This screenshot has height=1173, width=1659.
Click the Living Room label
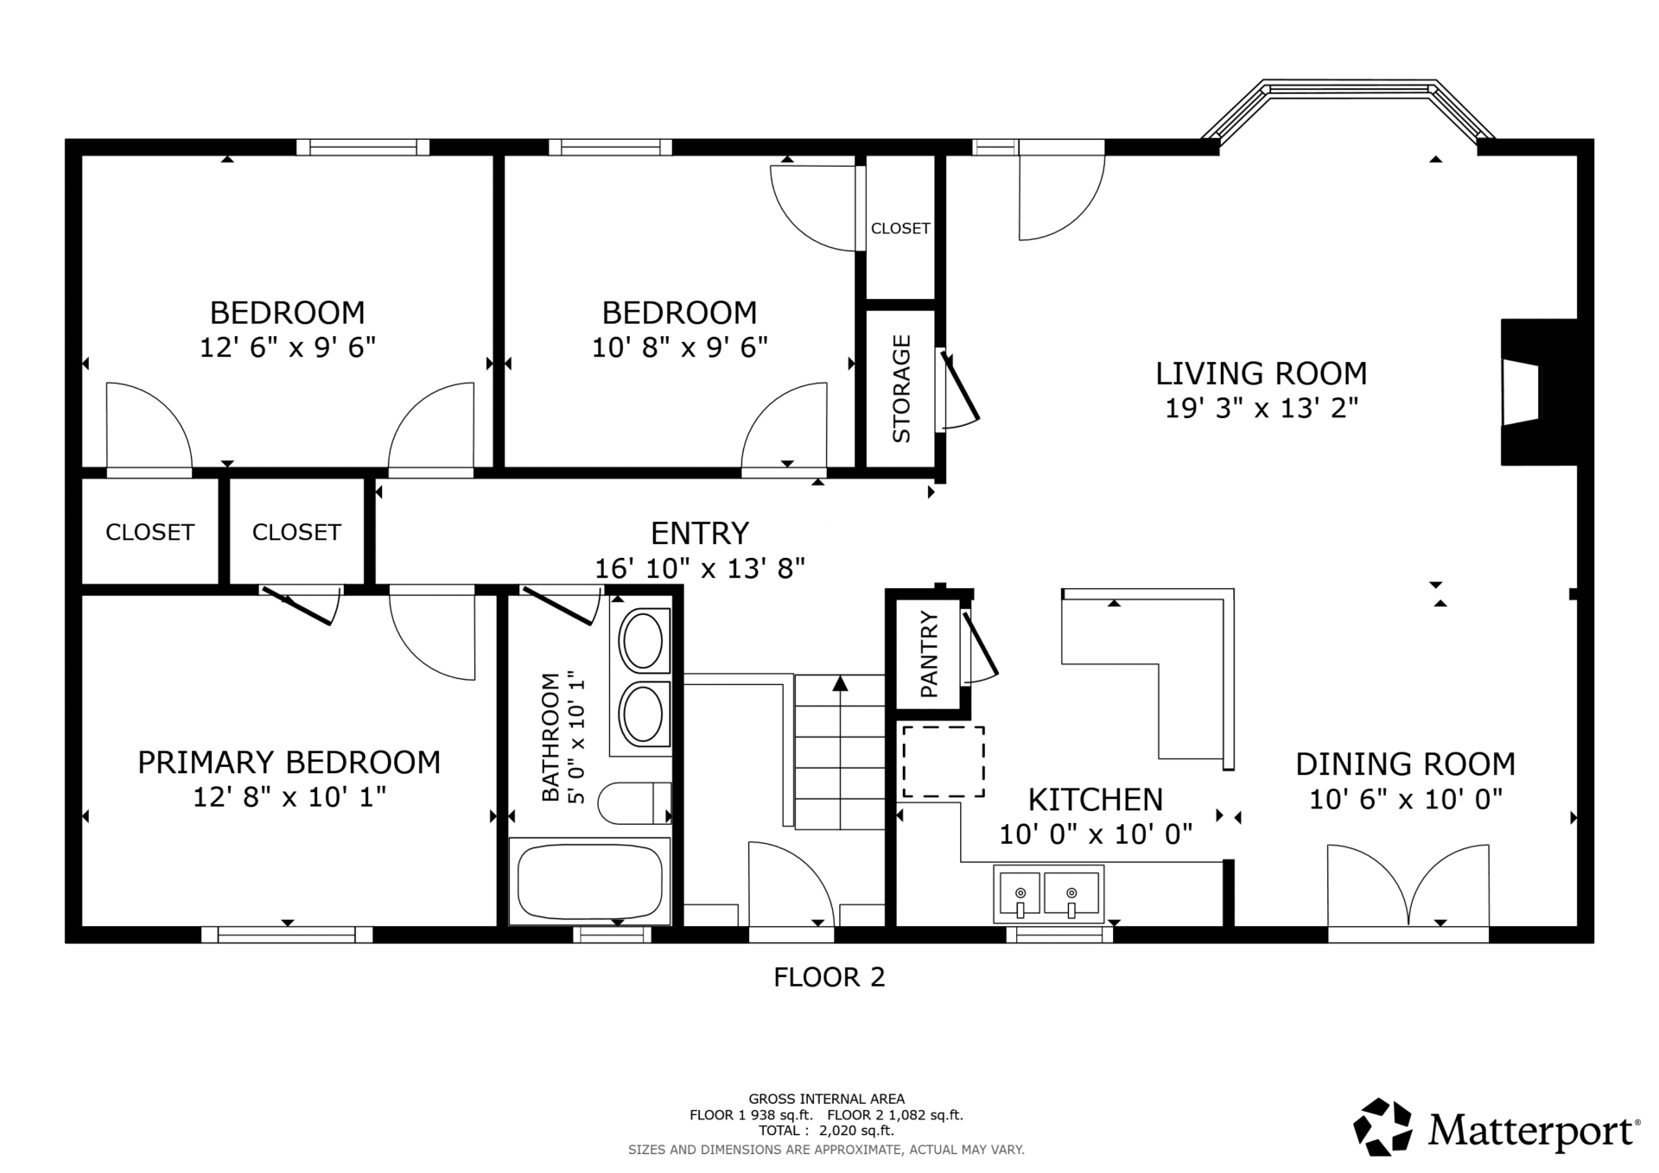[1262, 374]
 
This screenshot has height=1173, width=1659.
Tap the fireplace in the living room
[1539, 392]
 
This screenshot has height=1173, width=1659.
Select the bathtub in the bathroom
[590, 881]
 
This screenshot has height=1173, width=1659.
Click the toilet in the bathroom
[635, 803]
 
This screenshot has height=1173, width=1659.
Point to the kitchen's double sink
[1049, 892]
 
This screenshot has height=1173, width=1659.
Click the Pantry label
[930, 655]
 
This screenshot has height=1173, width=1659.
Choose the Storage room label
[901, 389]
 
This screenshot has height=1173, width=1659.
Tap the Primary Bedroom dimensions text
[289, 796]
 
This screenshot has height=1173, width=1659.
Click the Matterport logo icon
[1382, 1126]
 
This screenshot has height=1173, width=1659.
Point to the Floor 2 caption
[829, 977]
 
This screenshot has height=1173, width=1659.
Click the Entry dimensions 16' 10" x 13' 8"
[700, 568]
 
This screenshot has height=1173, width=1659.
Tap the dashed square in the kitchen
[944, 762]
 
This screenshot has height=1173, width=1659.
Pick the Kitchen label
[1096, 800]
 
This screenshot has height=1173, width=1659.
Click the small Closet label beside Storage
[900, 228]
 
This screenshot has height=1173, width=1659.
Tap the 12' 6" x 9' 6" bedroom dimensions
[288, 347]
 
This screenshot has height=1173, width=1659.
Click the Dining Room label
[1406, 764]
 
